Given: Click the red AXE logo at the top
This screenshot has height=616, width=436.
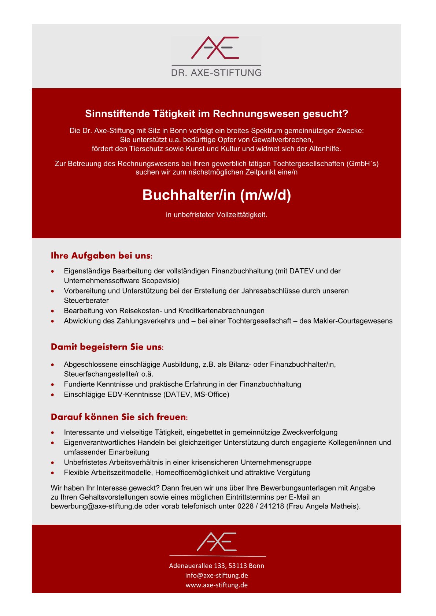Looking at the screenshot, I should point(215,48).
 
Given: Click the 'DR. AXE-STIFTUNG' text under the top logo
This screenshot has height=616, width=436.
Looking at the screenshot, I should point(216,72).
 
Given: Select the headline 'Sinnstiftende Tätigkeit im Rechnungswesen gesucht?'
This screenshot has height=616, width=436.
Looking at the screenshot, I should point(217,114).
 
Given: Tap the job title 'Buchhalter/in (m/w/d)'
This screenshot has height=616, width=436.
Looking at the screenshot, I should point(217,195).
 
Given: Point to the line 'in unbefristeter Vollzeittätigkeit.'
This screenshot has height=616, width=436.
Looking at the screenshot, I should point(217,215).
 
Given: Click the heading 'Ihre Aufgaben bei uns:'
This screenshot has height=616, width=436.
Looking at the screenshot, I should point(101,256).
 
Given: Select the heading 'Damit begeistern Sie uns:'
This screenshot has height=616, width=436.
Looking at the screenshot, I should point(107,347).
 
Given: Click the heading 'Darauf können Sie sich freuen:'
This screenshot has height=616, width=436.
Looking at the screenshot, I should point(119,417).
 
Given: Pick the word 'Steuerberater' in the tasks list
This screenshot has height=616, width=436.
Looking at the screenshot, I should point(86,300).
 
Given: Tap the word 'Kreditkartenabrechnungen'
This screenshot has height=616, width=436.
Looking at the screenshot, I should point(221,311).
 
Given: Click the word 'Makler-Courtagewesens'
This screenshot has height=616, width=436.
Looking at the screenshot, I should point(352,321).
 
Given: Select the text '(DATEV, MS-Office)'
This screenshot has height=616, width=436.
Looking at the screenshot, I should point(196,395).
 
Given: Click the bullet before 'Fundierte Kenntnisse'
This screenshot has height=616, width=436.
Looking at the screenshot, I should point(53,385).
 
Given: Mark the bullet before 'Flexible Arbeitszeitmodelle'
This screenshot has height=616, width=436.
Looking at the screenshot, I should point(53,473).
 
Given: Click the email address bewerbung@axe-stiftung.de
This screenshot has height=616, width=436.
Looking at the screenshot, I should point(96,507).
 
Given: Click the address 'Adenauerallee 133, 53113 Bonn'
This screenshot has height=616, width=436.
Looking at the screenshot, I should point(217,566).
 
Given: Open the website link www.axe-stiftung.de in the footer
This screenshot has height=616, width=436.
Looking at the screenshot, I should point(217,585).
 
